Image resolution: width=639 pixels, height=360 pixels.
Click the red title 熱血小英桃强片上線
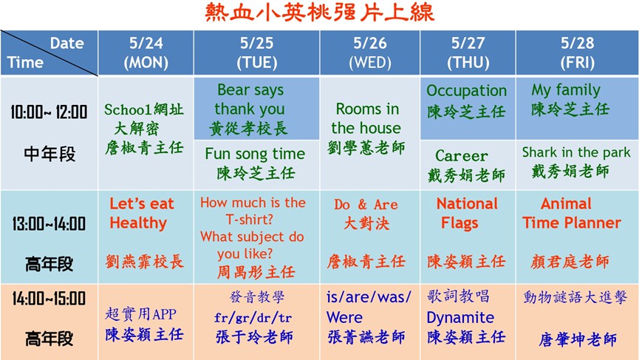point(319,13)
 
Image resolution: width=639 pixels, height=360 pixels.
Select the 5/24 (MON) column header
point(146,52)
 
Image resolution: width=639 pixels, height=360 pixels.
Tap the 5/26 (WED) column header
point(370,52)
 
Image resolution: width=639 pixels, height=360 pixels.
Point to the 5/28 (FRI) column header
point(578,52)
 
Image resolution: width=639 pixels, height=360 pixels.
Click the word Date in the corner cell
point(66,43)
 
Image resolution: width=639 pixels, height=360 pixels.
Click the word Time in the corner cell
point(25,62)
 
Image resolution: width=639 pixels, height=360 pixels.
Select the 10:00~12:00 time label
point(49,112)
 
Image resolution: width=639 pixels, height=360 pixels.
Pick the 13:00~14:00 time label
point(49,223)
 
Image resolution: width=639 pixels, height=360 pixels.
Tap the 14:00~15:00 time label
point(49,298)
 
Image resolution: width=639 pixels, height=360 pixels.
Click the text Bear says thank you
point(250,99)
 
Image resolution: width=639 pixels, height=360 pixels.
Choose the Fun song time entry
point(255,154)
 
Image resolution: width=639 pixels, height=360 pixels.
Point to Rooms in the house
point(366,118)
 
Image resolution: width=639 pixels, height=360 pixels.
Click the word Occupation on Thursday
point(467,91)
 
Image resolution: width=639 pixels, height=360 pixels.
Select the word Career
point(461,156)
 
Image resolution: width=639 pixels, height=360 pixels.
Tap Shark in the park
point(576,152)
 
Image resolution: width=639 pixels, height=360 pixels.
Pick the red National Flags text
point(467,213)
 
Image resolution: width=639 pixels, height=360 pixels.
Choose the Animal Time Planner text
point(572,213)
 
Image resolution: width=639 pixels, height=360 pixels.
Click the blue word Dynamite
point(460,317)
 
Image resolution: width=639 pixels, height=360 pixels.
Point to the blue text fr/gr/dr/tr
point(253,317)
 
